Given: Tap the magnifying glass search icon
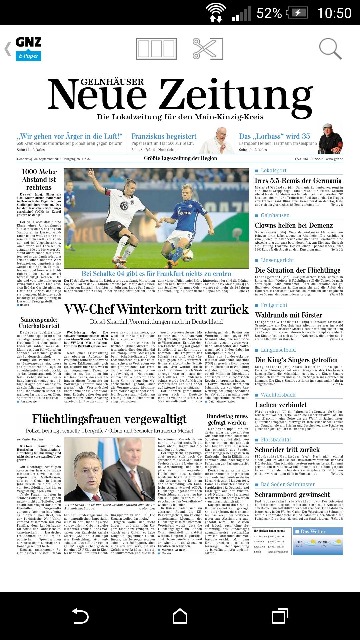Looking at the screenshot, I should [x=330, y=49].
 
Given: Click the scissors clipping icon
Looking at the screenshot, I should [x=207, y=49].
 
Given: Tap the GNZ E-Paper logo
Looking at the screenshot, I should [x=28, y=49].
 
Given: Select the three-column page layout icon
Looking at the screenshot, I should [x=156, y=49].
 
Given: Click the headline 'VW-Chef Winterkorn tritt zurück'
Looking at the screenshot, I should [x=156, y=309].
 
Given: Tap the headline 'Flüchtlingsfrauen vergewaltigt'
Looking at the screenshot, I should [x=109, y=419].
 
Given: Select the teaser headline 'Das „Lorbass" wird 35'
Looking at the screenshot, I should [x=274, y=136].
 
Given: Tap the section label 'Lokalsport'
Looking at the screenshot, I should [x=273, y=171].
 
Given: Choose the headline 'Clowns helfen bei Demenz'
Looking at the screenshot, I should [x=294, y=225].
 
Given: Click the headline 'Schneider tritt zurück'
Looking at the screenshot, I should [x=287, y=450].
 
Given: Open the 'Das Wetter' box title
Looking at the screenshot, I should [x=313, y=531].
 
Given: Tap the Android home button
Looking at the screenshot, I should [x=180, y=616].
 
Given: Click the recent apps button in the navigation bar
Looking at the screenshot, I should [x=280, y=616].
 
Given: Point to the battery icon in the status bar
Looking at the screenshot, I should [x=298, y=13].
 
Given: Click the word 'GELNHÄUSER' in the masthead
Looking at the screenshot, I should [x=112, y=82].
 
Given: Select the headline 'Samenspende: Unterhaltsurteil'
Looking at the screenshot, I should [x=39, y=323].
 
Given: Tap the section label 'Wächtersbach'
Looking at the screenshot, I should [x=278, y=395].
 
